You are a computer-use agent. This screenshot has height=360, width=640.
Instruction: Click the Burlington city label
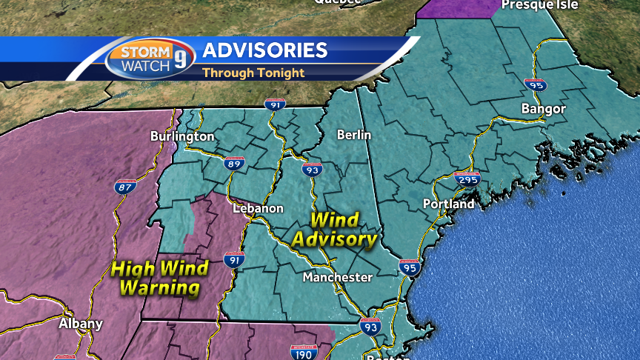tap(182, 136)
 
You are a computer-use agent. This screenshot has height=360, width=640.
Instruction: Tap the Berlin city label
tap(353, 135)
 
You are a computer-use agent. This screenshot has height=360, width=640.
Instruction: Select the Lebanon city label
tap(258, 208)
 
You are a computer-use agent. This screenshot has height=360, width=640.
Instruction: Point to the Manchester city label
tap(337, 277)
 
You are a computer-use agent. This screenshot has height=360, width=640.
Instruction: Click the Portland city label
tap(448, 204)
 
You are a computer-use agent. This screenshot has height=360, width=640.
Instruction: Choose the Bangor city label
tap(543, 109)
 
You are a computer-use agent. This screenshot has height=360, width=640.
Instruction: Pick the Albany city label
tap(81, 324)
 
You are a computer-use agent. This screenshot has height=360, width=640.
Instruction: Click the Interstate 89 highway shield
tap(235, 163)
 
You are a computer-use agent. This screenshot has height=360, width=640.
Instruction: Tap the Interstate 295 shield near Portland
tap(467, 178)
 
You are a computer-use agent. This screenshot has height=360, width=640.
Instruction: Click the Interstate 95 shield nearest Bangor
tap(535, 84)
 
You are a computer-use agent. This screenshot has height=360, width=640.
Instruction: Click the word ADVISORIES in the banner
tap(264, 50)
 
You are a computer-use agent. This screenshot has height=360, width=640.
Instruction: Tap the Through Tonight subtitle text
tap(253, 73)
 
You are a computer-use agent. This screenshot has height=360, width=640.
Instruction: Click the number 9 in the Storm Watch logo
tap(181, 59)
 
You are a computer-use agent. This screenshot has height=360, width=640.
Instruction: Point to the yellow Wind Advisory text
tap(334, 230)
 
